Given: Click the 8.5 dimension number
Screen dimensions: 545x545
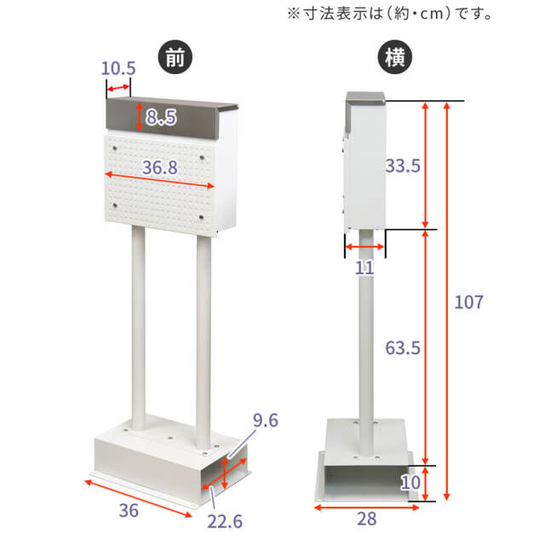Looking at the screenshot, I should point(160,118).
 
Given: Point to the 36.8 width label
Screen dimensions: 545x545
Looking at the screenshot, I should point(160,168).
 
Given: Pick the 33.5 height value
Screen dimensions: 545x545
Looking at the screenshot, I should point(403,166).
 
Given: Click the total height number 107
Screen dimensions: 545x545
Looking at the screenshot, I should point(468,301).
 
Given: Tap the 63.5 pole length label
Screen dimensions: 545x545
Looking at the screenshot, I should point(403,347).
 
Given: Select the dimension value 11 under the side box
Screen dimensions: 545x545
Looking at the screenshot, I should point(364,269).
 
